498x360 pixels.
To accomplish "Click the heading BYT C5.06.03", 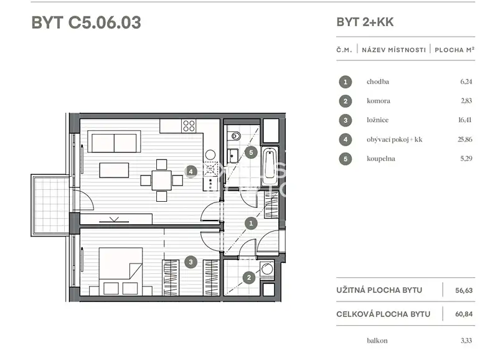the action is (86, 22).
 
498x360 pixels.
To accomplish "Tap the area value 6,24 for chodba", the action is (466, 82).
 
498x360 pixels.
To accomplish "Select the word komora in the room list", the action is (378, 101).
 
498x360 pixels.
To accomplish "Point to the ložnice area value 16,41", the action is (464, 120).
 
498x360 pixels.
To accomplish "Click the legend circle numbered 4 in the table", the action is (345, 140).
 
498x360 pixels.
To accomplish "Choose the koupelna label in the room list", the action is (381, 159).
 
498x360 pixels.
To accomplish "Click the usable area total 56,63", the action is (464, 290).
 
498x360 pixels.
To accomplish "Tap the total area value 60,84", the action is (464, 314).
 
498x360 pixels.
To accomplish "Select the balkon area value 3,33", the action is (466, 341).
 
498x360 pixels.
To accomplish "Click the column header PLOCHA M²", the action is (454, 50).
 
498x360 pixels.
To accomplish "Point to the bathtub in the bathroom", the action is (270, 166).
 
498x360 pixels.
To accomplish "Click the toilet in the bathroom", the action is (235, 136).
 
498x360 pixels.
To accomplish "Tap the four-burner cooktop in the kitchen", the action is (189, 126).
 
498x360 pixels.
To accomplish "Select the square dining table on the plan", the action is (161, 181).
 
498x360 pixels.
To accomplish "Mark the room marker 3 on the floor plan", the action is (190, 262).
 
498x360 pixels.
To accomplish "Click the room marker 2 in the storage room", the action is (248, 278).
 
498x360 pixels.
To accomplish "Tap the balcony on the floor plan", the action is (50, 206).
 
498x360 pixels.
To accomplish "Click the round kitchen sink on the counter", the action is (210, 154).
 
